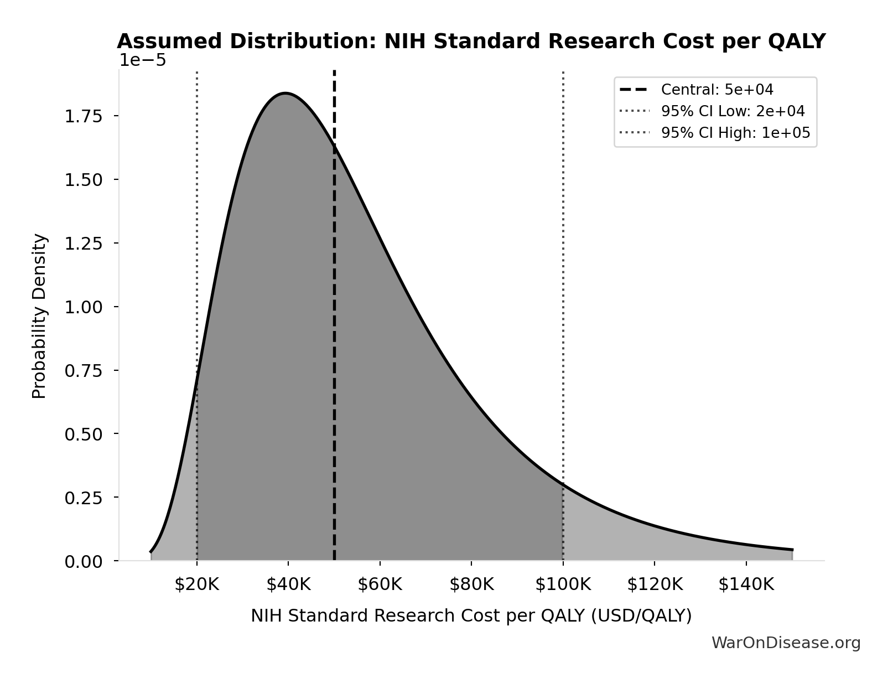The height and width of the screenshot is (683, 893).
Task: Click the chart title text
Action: tap(471, 42)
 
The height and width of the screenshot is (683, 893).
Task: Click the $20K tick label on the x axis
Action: tap(197, 584)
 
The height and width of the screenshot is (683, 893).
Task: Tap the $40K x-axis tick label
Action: tap(288, 584)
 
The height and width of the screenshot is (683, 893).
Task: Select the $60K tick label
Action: tap(380, 584)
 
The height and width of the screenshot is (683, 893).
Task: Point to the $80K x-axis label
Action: tap(471, 584)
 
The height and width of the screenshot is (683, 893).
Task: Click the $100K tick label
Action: tap(563, 584)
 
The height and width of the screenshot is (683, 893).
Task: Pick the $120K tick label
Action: tap(655, 584)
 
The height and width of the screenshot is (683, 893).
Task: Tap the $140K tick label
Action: tap(746, 584)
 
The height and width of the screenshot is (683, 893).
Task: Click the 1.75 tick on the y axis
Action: tap(84, 116)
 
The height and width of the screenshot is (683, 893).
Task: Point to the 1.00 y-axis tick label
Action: tap(84, 307)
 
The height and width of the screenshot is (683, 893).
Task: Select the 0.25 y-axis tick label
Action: tap(84, 498)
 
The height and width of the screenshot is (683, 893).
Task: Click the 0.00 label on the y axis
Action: tap(84, 562)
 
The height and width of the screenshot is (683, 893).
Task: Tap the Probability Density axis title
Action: tap(39, 316)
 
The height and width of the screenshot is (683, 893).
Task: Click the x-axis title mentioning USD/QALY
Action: tap(471, 615)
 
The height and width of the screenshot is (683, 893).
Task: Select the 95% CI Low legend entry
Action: tap(733, 111)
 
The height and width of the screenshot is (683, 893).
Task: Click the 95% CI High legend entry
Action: tap(735, 133)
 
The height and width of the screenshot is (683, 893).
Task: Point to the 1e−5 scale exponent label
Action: tap(143, 60)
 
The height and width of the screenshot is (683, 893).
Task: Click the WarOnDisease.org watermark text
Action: tap(786, 643)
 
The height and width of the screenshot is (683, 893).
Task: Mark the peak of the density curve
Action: tap(285, 93)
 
